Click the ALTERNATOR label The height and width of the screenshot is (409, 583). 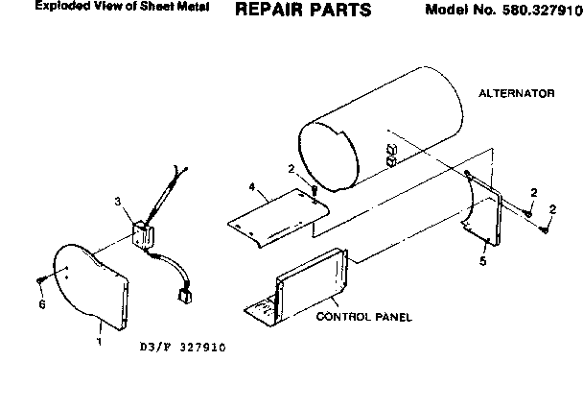517,94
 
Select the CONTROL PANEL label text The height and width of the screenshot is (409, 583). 363,316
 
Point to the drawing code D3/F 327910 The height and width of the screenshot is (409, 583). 182,348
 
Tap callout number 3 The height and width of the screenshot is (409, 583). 118,202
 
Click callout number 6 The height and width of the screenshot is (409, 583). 40,304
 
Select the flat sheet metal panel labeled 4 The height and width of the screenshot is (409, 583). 278,216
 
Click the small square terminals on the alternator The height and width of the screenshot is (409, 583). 390,155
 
